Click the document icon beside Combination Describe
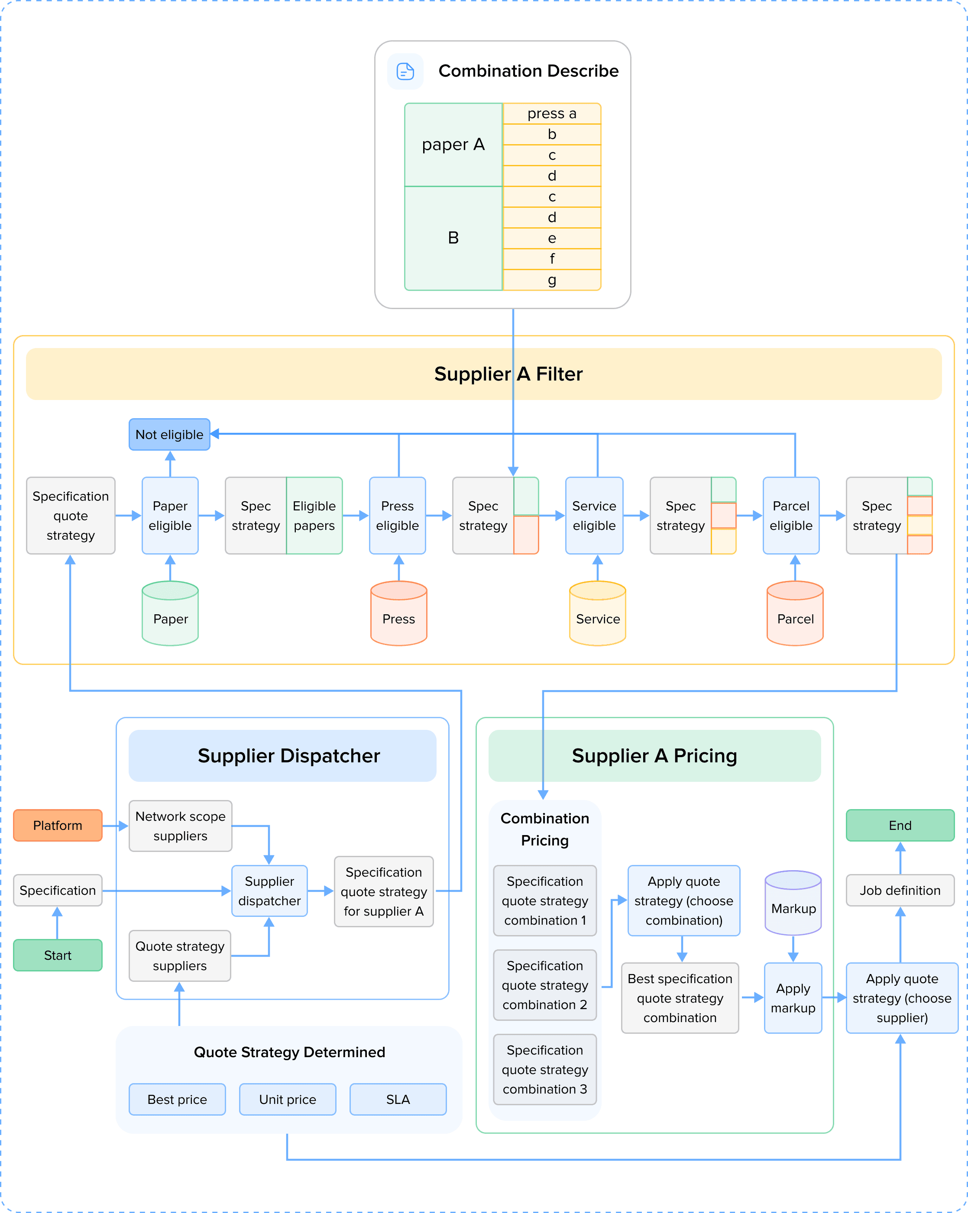click(405, 71)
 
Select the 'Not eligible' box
click(169, 434)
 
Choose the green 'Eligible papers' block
click(314, 515)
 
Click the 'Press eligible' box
click(397, 515)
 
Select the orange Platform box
click(58, 826)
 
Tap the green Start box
click(58, 955)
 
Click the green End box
click(900, 826)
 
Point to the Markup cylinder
click(793, 903)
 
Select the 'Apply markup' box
click(793, 998)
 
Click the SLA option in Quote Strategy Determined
click(398, 1099)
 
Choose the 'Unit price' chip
click(288, 1099)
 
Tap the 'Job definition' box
click(900, 890)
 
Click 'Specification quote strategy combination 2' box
click(545, 985)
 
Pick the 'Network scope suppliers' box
click(180, 826)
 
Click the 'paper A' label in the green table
click(453, 145)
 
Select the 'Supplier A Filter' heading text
click(508, 374)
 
